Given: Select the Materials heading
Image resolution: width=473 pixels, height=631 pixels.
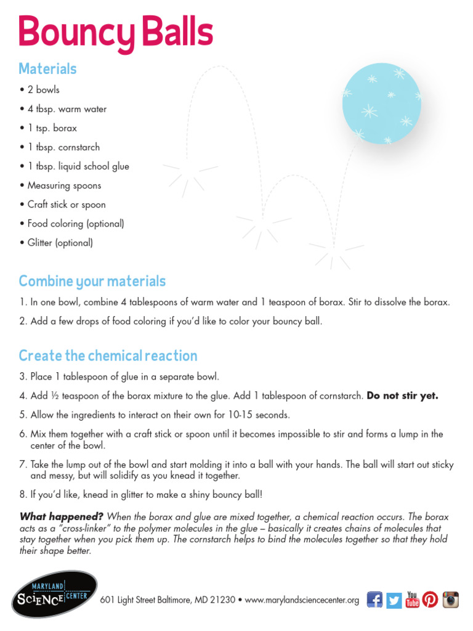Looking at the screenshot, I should pos(47,68).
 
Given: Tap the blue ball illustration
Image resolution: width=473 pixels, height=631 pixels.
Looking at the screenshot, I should pos(381,103).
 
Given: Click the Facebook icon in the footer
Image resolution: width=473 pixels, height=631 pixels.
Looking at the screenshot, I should pos(374,599).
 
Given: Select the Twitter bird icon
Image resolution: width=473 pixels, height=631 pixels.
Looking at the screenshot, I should pos(394,599).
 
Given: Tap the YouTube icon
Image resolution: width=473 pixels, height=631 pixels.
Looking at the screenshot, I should pos(412,599).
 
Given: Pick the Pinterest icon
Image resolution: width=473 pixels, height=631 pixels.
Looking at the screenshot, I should pos(431,599).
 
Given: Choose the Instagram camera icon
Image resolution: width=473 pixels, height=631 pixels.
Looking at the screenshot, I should pos(451,599).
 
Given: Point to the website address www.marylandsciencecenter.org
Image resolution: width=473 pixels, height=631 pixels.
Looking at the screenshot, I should pos(302,600).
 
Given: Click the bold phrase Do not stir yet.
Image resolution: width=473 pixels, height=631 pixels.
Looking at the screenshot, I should pos(402,396).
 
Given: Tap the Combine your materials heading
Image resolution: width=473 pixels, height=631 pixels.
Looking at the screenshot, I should pos(92,282).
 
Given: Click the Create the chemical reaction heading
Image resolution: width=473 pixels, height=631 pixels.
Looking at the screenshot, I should pos(108,356).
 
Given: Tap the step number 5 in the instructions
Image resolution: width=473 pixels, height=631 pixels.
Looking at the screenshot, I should pos(22,415).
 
